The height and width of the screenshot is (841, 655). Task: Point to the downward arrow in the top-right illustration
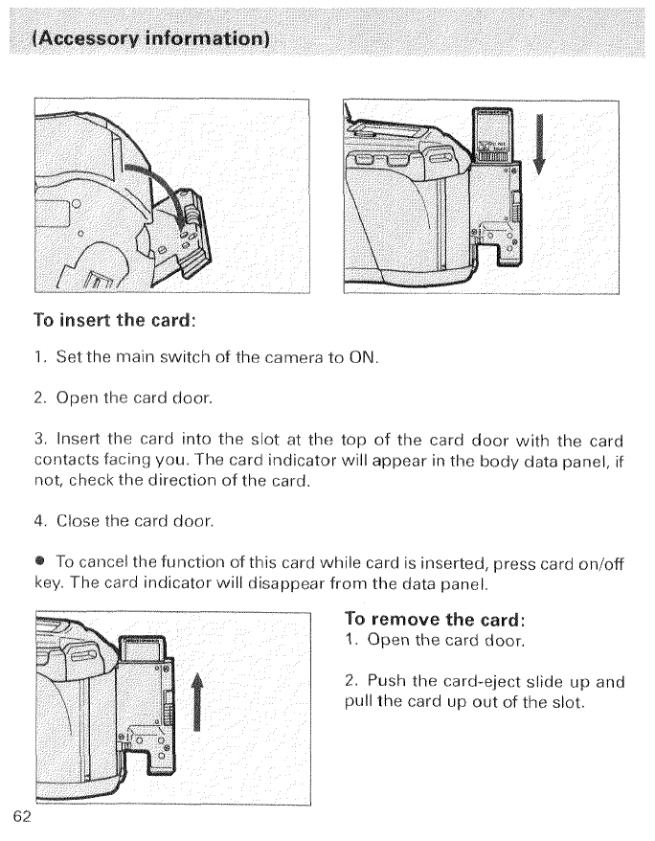coord(540,144)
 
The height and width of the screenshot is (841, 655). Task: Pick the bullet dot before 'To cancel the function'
coord(42,559)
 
